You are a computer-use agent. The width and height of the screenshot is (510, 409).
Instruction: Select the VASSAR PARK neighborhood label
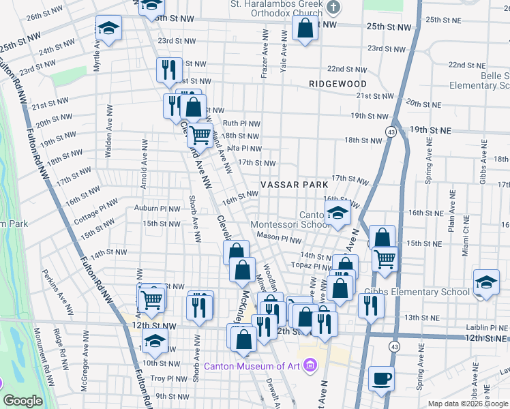[294, 185]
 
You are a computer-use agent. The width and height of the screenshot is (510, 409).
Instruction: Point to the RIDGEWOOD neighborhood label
[337, 83]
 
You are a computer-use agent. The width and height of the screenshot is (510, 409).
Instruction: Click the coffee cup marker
[381, 378]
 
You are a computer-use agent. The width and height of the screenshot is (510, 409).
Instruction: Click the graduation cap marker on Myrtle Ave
[108, 29]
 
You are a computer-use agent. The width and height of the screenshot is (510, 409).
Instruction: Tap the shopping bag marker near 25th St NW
[305, 28]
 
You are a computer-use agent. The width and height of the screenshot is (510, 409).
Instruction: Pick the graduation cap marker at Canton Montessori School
[337, 213]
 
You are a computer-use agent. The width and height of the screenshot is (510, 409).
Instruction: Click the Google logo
[22, 401]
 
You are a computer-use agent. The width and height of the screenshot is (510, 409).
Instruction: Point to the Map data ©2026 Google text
[467, 404]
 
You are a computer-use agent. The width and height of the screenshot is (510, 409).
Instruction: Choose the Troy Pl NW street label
[168, 378]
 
